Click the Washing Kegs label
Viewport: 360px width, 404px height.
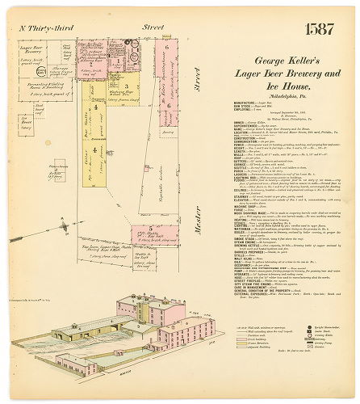point(121,92)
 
